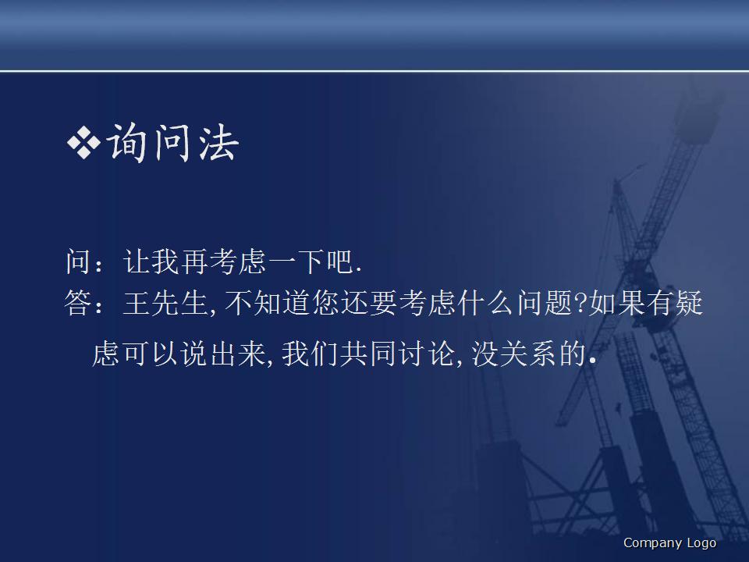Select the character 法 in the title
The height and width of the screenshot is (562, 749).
click(218, 143)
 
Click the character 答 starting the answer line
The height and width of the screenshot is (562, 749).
click(79, 304)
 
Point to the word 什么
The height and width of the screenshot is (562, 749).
click(486, 304)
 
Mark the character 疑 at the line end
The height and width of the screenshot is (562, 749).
click(690, 304)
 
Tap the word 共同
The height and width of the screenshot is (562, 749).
click(367, 354)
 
